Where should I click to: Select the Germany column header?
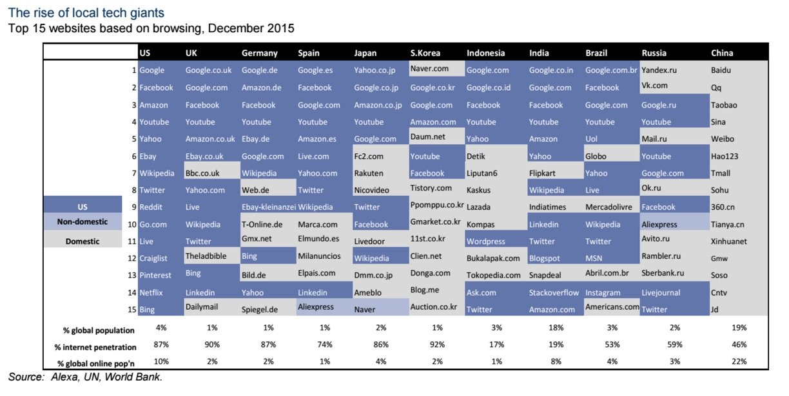(x=259, y=53)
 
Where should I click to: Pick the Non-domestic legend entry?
(x=83, y=222)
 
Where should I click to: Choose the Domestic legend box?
(x=83, y=241)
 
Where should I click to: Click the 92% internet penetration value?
(x=437, y=344)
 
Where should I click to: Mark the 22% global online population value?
(x=739, y=361)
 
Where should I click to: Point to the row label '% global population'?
(x=99, y=330)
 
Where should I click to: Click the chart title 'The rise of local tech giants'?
(x=86, y=13)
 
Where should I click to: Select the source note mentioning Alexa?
(x=85, y=377)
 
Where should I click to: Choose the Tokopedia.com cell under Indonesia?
(x=494, y=275)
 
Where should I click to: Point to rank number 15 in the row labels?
(x=131, y=310)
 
